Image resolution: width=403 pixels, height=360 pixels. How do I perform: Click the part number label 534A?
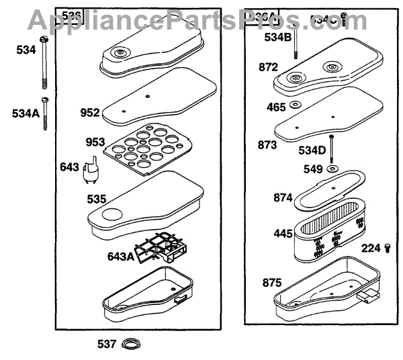pos(25,114)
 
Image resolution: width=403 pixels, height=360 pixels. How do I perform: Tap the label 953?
pos(95,142)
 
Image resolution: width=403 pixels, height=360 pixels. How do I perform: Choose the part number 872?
pos(259,67)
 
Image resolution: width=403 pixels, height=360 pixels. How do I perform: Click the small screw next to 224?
pos(388,249)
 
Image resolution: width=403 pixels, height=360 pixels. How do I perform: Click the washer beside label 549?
pos(332,169)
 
